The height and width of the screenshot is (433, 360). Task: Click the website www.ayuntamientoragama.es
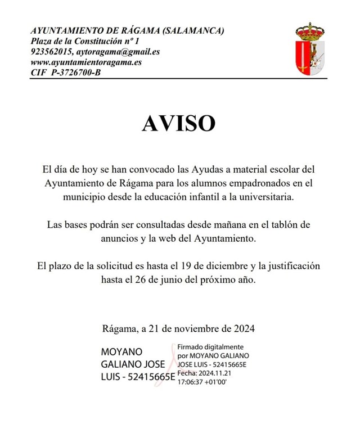(x=86, y=62)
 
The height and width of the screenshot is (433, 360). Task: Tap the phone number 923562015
(x=51, y=52)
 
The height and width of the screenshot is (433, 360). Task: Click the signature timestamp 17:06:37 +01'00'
(x=202, y=381)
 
